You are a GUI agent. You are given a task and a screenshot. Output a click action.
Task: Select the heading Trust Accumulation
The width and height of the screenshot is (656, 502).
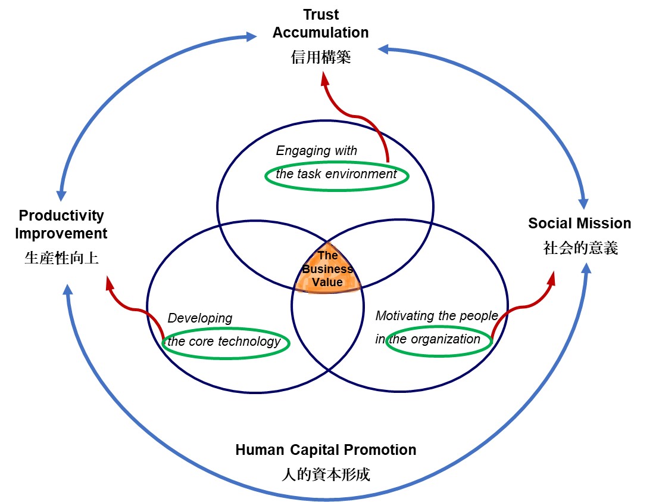pos(320,23)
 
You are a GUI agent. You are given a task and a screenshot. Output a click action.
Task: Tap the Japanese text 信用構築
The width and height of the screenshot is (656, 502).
pos(321,57)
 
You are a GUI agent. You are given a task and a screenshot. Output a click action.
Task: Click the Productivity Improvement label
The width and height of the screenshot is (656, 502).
pos(61,224)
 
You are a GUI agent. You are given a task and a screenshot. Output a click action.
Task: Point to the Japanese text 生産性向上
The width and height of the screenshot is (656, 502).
pos(61,258)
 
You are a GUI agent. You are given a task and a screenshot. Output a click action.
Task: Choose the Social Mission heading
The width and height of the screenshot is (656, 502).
pos(579,224)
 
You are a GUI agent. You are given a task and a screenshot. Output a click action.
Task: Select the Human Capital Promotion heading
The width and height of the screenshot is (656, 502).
pos(326,450)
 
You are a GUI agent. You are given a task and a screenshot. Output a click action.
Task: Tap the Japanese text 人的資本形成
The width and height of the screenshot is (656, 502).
pos(326,475)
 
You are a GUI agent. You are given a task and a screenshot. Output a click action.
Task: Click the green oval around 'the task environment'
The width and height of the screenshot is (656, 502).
pos(336,175)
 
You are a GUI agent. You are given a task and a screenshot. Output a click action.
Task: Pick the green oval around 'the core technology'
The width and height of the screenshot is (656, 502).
pos(226,343)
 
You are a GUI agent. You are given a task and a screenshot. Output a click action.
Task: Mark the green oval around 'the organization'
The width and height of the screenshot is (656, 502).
pos(439,341)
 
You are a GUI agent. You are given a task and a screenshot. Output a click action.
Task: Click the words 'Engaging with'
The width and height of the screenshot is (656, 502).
pos(316,151)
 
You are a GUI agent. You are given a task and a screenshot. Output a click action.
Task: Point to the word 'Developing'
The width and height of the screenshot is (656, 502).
pos(200,318)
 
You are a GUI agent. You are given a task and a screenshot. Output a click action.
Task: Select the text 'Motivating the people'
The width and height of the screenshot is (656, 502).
pos(436,316)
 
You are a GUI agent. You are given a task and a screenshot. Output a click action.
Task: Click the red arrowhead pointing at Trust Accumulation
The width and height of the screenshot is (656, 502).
pos(324,78)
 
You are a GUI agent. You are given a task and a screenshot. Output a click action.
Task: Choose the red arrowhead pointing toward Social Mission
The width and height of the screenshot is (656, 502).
pos(551,277)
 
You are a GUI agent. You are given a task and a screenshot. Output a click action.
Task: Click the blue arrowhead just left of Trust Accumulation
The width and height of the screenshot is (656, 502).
pos(252,37)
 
